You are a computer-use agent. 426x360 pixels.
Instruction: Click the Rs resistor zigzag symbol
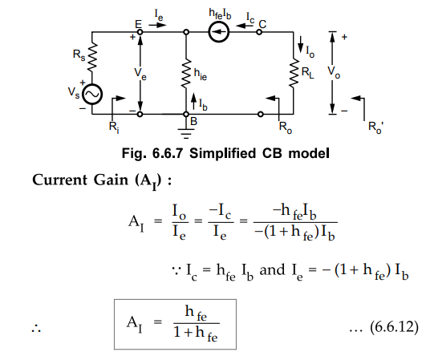92,57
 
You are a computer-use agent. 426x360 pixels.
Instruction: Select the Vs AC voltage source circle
92,95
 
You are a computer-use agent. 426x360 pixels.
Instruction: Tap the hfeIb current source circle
219,32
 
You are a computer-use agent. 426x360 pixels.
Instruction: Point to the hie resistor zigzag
186,73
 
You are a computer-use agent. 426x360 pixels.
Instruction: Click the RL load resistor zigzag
294,73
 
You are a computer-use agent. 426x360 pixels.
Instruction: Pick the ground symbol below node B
186,134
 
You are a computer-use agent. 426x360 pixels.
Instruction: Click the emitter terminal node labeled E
140,32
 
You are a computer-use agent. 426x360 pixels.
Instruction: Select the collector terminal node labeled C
259,32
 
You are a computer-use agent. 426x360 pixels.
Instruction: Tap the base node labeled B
186,115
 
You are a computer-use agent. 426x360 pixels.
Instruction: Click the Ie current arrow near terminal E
157,25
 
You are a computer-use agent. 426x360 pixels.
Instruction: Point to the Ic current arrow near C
245,26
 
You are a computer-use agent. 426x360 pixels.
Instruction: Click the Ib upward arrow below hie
193,102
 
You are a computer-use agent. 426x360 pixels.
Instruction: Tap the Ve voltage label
140,74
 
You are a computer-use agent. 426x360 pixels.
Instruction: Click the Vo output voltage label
334,72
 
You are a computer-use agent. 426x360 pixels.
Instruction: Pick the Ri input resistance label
114,127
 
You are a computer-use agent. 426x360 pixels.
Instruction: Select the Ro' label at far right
375,127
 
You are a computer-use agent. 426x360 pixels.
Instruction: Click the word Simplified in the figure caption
222,153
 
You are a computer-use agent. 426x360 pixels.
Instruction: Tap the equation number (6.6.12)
394,326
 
